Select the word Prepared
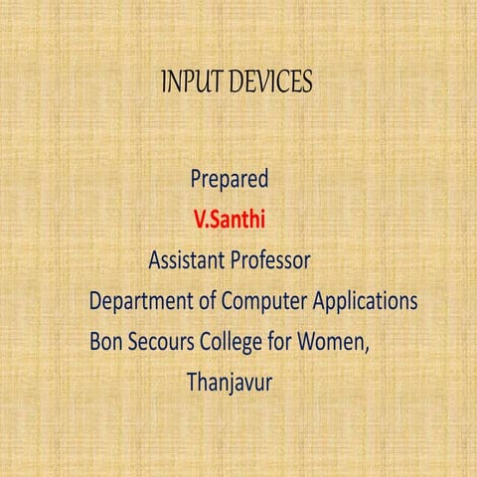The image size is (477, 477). point(229,181)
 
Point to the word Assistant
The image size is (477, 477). point(186,260)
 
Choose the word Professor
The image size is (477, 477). point(270,260)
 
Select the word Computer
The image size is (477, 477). point(265,300)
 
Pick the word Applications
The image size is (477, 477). point(365,300)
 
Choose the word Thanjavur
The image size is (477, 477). point(230,380)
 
